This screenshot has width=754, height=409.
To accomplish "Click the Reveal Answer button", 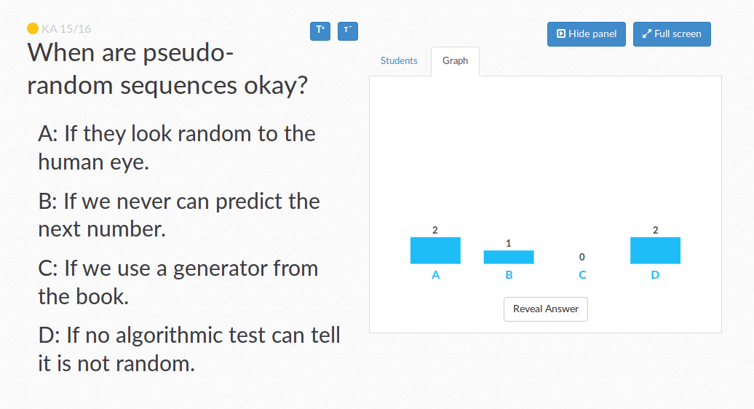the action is (x=545, y=309).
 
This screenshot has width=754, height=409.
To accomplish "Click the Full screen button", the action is (x=672, y=34).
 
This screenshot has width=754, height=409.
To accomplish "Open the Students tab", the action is (x=399, y=60).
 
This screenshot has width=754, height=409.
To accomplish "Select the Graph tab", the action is (x=455, y=61).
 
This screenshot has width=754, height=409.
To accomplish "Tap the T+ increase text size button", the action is (x=320, y=31).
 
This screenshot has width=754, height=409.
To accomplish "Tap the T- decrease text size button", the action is (x=348, y=31).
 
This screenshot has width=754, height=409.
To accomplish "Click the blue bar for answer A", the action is (x=435, y=250).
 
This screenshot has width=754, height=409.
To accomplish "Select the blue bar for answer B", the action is (x=509, y=257).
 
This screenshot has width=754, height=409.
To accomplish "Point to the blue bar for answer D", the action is (x=656, y=250).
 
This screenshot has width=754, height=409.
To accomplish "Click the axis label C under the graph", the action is (x=582, y=275).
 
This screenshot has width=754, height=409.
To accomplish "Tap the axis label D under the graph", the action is (x=655, y=275).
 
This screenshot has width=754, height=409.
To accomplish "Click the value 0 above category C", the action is (x=582, y=257).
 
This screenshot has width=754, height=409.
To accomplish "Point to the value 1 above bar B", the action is (x=508, y=244).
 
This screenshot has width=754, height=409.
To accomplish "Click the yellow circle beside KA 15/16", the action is (x=33, y=28).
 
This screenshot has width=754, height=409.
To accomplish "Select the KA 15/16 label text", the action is (x=66, y=29).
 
